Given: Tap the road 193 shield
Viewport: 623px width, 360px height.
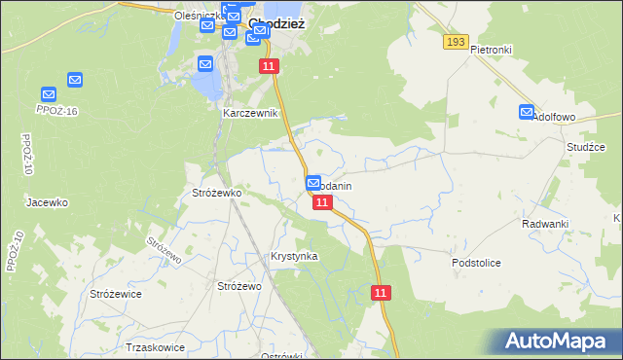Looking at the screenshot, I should pos(455,42).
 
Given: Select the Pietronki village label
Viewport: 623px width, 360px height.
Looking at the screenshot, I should pos(491,49).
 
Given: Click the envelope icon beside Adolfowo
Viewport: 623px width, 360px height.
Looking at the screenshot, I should pos(527,113).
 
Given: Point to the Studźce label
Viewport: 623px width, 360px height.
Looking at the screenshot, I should pos(586,147).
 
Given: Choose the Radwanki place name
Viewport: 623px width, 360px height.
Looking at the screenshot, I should pos(544,224).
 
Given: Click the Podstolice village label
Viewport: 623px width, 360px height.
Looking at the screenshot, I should pos(476,263).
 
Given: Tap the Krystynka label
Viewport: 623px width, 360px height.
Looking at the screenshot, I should pos(294,256).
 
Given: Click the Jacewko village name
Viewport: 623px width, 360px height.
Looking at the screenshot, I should pos(47,202).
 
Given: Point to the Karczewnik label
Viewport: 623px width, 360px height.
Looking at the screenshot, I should pos(250,113).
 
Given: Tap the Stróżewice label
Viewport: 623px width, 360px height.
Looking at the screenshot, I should pos(116,293).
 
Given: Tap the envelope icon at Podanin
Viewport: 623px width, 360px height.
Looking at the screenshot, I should pos(313,182).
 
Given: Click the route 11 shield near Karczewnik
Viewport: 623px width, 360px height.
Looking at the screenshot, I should pos(270,65).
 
